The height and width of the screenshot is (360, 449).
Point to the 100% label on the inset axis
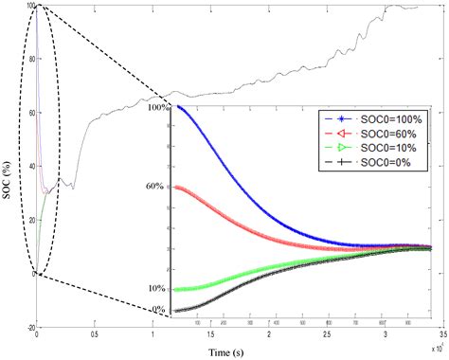pyautogui.click(x=156, y=108)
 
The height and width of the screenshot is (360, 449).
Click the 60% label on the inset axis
pyautogui.click(x=158, y=187)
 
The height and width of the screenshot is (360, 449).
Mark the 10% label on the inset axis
pyautogui.click(x=158, y=288)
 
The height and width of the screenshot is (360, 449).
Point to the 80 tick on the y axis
pyautogui.click(x=29, y=60)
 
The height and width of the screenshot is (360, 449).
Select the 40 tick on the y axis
pyautogui.click(x=29, y=167)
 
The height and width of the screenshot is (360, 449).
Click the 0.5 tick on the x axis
pyautogui.click(x=95, y=336)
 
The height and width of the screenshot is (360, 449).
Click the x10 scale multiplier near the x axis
pyautogui.click(x=437, y=347)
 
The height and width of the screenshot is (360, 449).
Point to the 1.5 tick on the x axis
pyautogui.click(x=210, y=336)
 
